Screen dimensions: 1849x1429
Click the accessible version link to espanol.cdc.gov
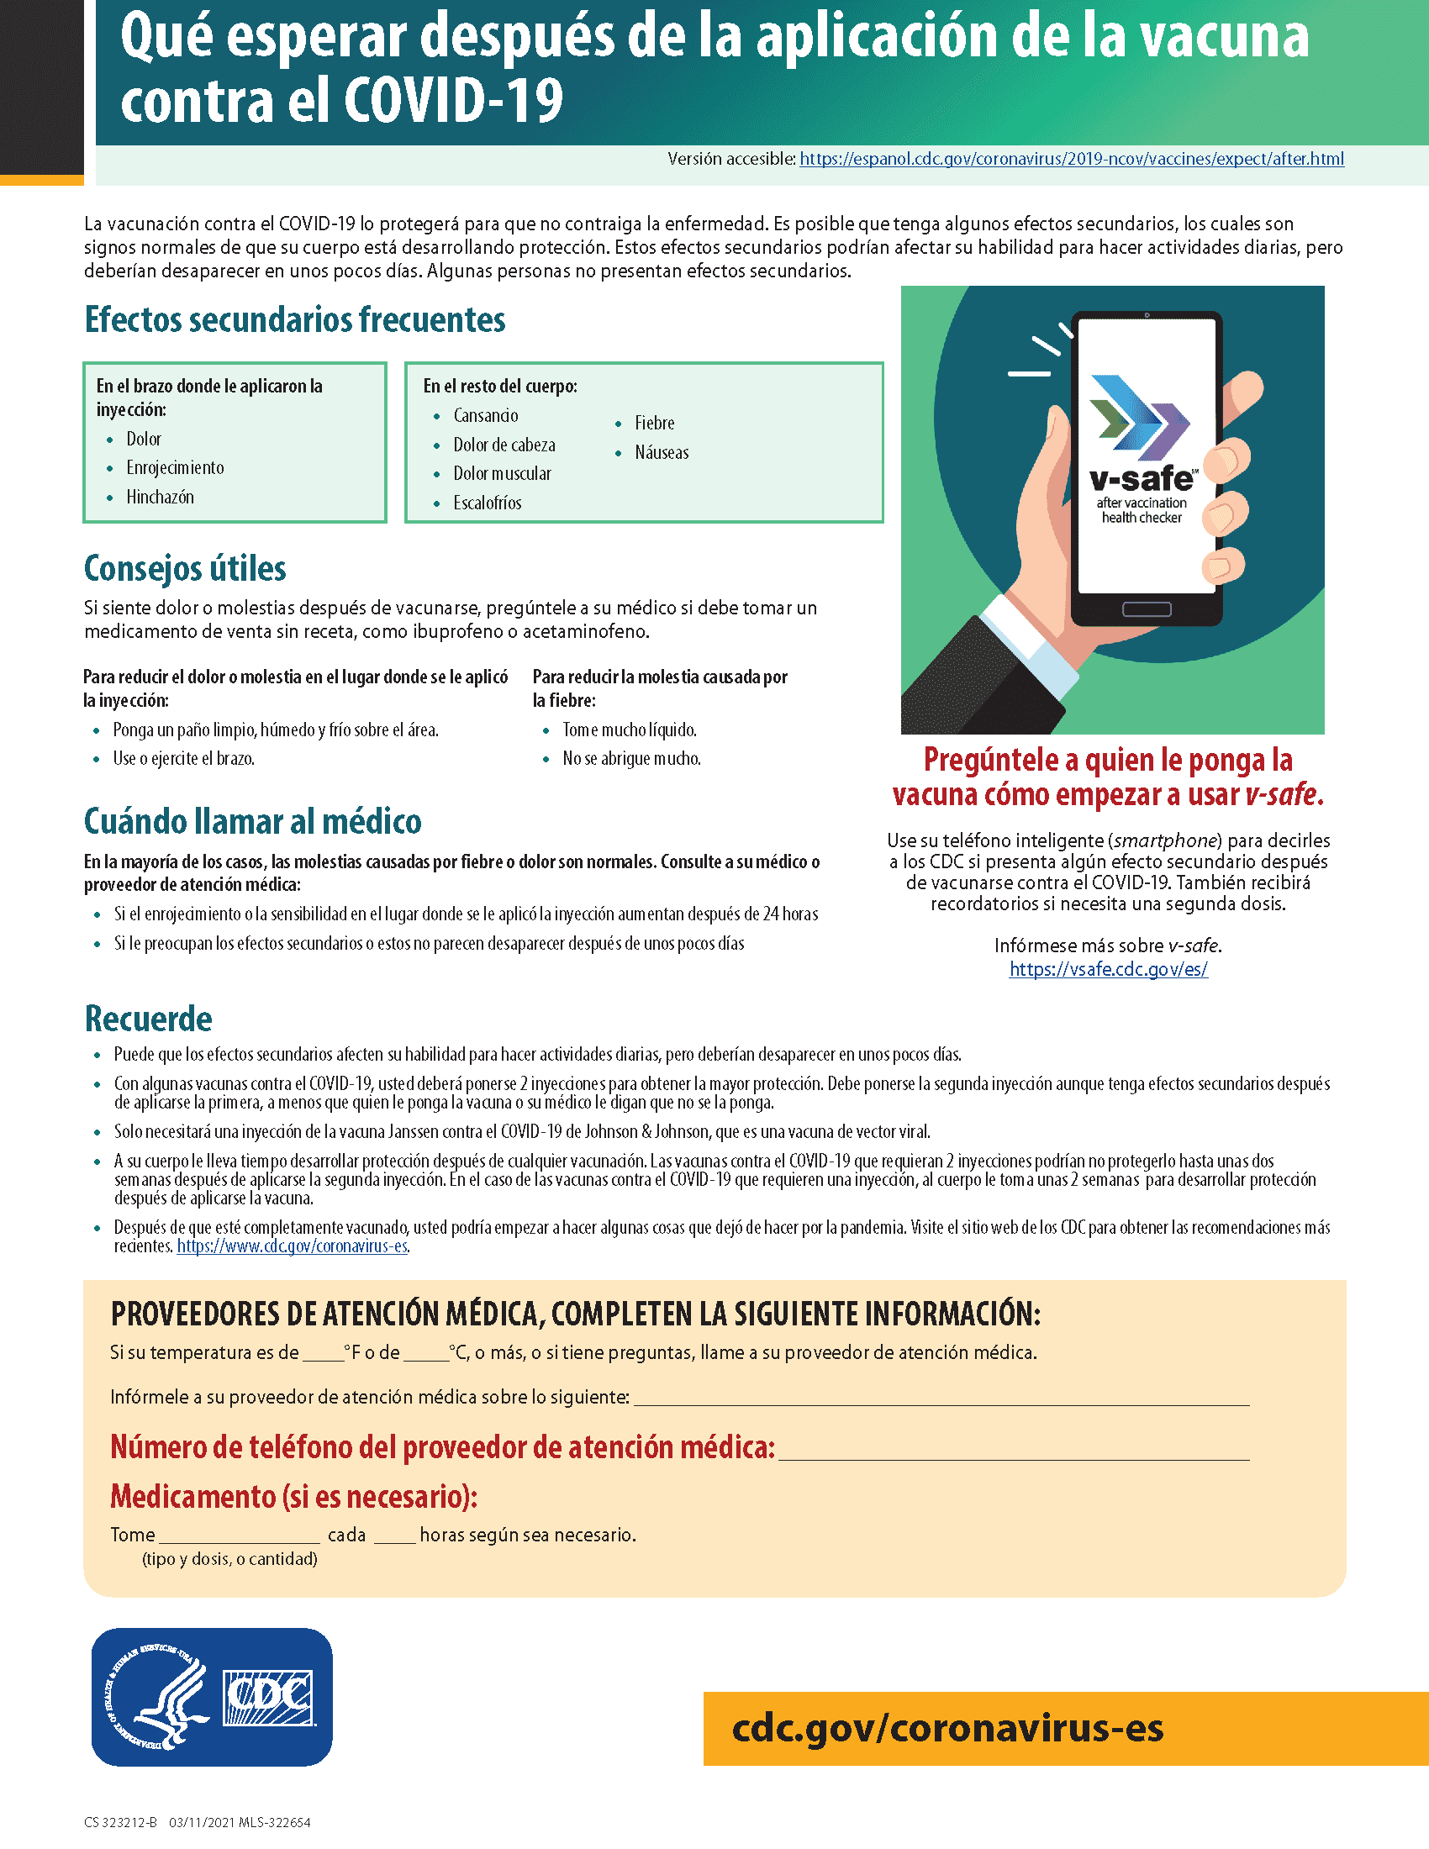[x=1071, y=159]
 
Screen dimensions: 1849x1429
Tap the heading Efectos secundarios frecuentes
[x=294, y=320]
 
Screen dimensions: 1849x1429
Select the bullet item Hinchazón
[x=160, y=497]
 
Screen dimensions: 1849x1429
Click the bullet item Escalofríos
[x=487, y=503]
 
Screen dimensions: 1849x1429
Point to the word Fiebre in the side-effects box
[x=654, y=423]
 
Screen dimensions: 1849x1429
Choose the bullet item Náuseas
[x=662, y=452]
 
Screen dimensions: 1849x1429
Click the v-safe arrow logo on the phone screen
[x=1139, y=418]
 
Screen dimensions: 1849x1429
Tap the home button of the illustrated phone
[x=1147, y=608]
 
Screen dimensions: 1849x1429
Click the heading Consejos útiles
[x=185, y=568]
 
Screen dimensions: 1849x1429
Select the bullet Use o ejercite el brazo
[x=184, y=759]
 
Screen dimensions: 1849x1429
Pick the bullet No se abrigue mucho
[x=631, y=759]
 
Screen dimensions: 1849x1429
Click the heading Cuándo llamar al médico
[x=252, y=821]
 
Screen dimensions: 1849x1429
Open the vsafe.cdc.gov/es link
[x=1108, y=969]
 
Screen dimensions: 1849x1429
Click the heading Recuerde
[x=148, y=1019]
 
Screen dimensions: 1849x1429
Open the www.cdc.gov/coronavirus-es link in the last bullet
[x=292, y=1246]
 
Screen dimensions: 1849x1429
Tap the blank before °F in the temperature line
[x=323, y=1353]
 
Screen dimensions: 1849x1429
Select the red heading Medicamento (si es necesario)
[x=293, y=1497]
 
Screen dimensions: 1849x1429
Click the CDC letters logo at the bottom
[x=267, y=1697]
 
